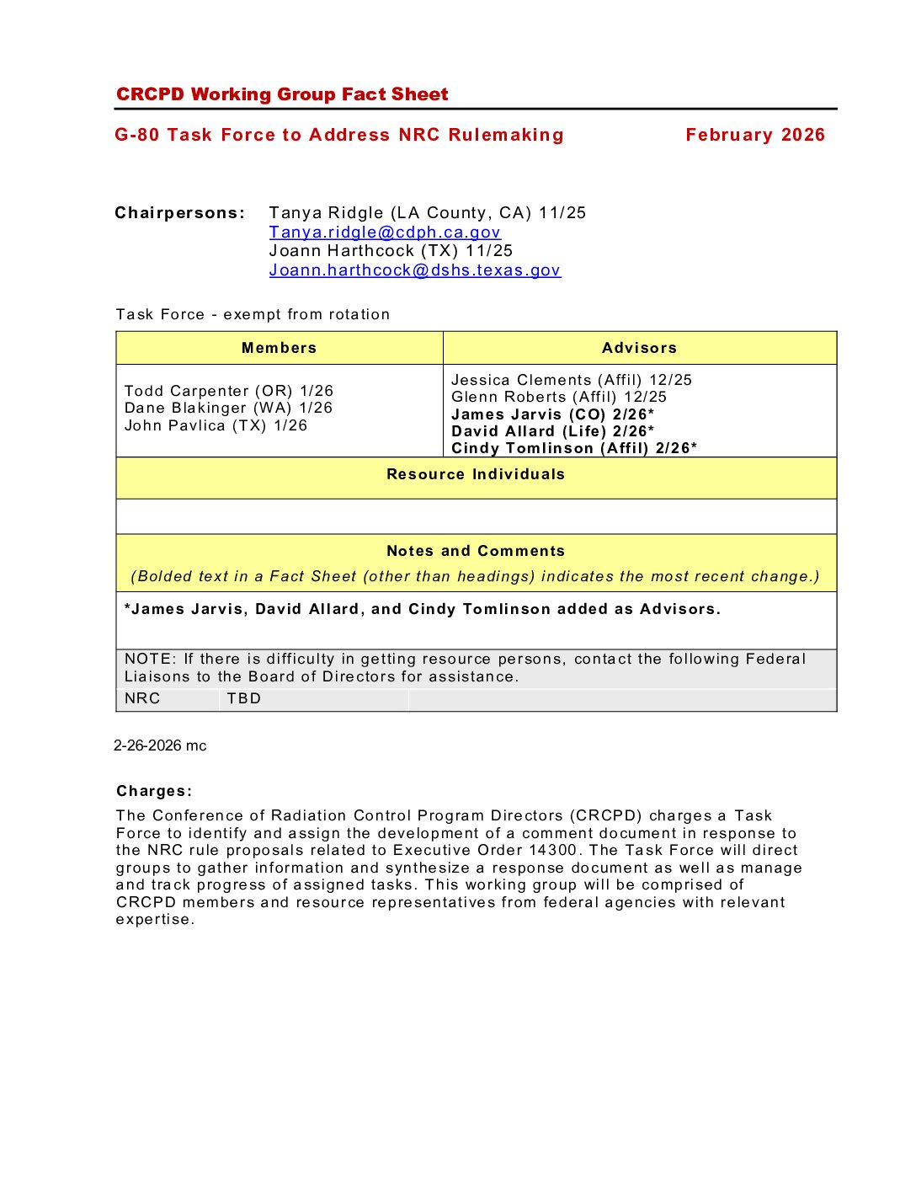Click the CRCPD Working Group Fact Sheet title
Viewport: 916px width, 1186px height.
click(282, 94)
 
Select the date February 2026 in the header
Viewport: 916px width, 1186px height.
click(754, 135)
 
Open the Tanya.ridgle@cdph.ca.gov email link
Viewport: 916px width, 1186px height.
click(385, 232)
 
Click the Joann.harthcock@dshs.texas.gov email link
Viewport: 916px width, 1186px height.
click(414, 270)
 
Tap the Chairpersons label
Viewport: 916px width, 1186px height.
click(179, 213)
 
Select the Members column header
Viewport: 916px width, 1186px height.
click(279, 348)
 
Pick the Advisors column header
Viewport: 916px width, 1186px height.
click(639, 348)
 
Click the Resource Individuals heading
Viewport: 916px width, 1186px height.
click(476, 474)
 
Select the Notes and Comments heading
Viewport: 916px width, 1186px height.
click(476, 551)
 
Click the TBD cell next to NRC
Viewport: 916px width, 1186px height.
click(244, 698)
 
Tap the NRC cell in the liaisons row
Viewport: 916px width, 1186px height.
click(142, 698)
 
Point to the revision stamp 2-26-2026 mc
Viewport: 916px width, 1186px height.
click(160, 745)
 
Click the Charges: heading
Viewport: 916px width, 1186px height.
click(154, 791)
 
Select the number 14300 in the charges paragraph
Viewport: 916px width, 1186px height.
click(553, 850)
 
